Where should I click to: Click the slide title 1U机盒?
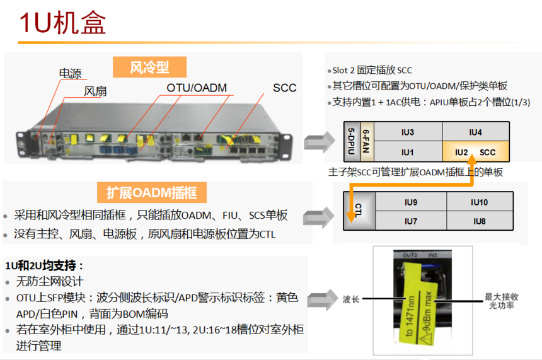click(62, 23)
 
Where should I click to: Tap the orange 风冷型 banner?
click(149, 67)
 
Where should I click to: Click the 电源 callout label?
click(70, 74)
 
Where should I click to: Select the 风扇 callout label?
click(95, 91)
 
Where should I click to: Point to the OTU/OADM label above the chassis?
click(197, 88)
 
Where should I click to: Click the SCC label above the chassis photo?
click(284, 88)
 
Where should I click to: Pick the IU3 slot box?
click(408, 132)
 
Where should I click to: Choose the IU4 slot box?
click(476, 132)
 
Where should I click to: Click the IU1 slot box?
click(408, 151)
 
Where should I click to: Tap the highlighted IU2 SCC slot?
click(476, 151)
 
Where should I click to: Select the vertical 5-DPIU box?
click(352, 141)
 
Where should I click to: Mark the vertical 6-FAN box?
click(367, 141)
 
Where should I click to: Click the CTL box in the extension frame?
click(359, 211)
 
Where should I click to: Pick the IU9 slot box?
click(411, 202)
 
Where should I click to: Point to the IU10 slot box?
click(480, 202)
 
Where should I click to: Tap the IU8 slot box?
click(480, 221)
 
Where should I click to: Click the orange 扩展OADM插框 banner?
click(152, 193)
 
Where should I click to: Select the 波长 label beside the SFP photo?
click(351, 299)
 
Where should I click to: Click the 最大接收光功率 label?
click(501, 301)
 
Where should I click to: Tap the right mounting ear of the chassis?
click(287, 146)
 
